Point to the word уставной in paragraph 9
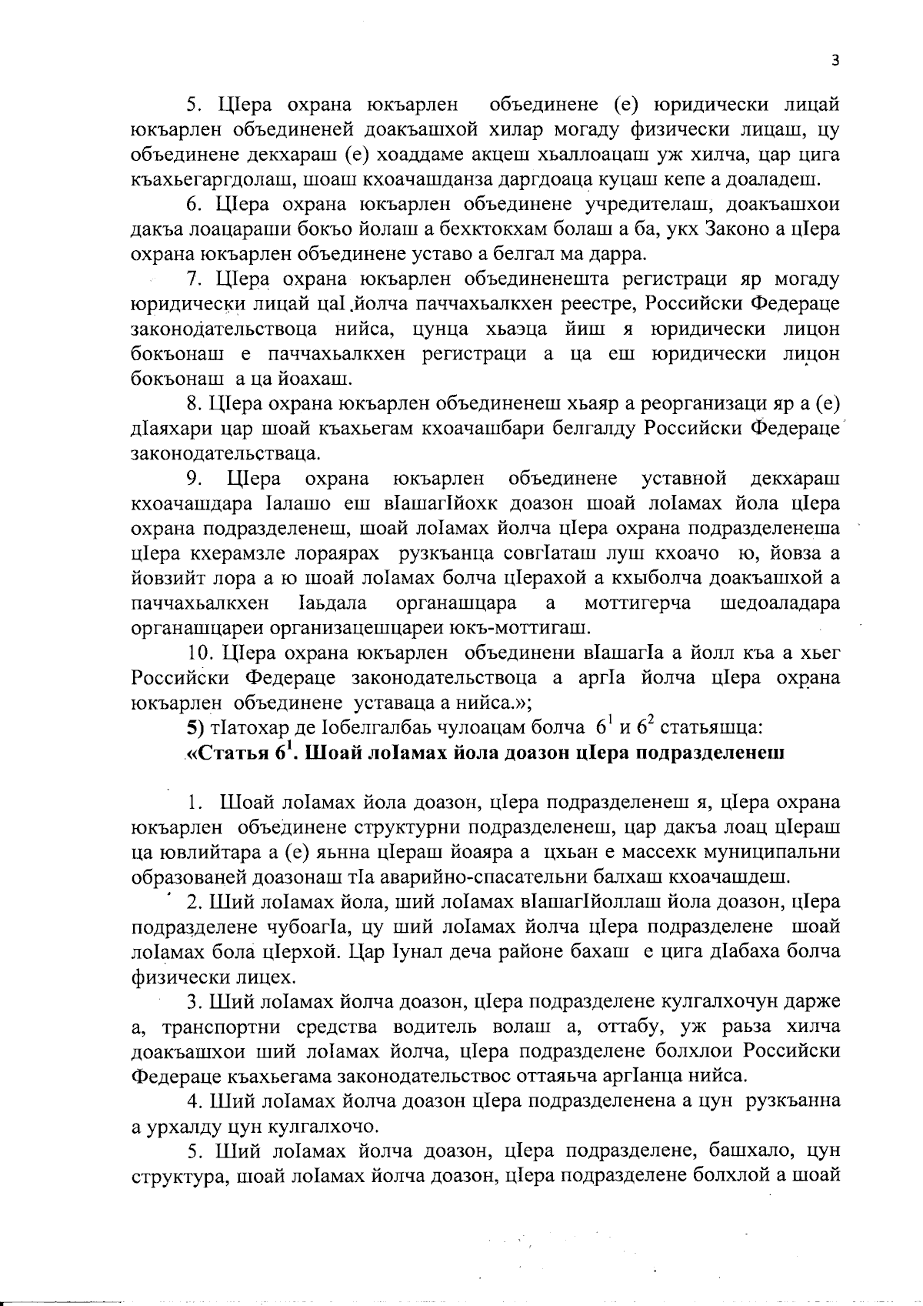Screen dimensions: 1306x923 coord(685,479)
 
